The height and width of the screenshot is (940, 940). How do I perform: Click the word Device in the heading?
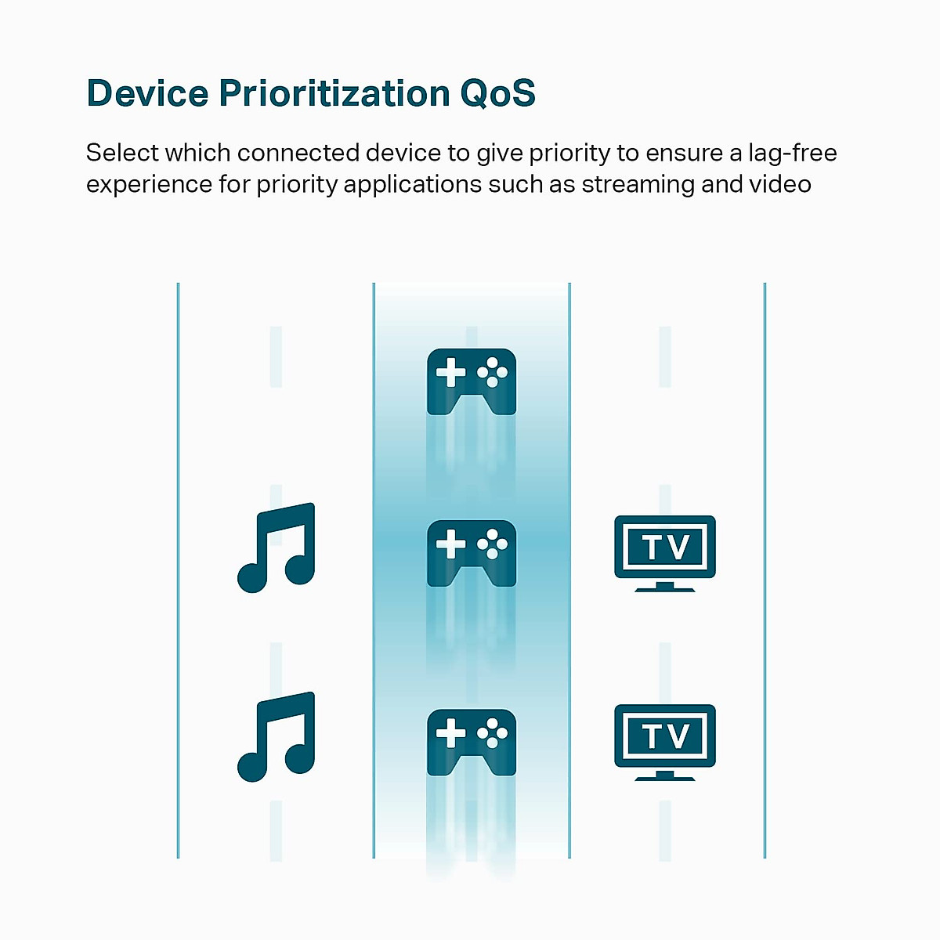click(x=147, y=92)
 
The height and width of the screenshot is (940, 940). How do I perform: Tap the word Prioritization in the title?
click(x=334, y=92)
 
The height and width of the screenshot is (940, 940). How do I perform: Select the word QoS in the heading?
click(x=497, y=92)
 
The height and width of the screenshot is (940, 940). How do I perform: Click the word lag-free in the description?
click(x=793, y=154)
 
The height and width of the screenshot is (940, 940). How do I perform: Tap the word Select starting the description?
click(x=121, y=154)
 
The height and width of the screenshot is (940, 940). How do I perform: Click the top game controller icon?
click(x=472, y=381)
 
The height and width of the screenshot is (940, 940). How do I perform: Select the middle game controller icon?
click(x=472, y=553)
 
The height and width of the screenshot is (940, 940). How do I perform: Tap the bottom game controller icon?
click(x=472, y=742)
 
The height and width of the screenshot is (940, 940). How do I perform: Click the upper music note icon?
click(x=276, y=548)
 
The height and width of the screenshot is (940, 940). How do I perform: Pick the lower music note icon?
click(x=276, y=736)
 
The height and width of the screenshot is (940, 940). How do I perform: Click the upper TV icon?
click(x=665, y=553)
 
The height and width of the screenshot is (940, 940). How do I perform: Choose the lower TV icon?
click(x=665, y=742)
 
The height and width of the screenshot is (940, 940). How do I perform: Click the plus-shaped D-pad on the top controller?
click(x=450, y=372)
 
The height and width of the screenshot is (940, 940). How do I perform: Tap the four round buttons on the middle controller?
click(x=492, y=544)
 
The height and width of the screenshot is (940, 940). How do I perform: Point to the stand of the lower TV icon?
click(x=665, y=775)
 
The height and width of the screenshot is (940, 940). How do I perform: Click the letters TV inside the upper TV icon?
click(x=665, y=547)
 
